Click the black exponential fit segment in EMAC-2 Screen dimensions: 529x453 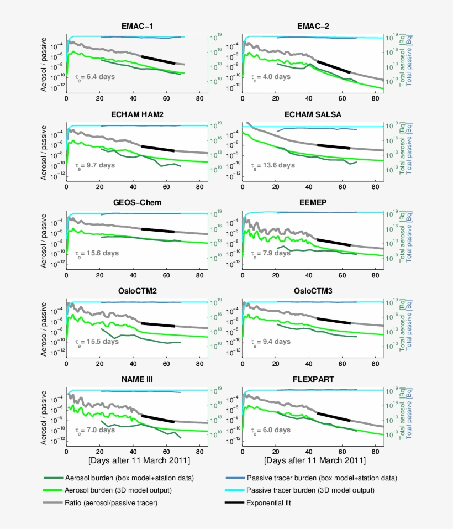(333, 67)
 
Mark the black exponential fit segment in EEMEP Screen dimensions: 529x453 (333, 242)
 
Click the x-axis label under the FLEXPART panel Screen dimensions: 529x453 (314, 460)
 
